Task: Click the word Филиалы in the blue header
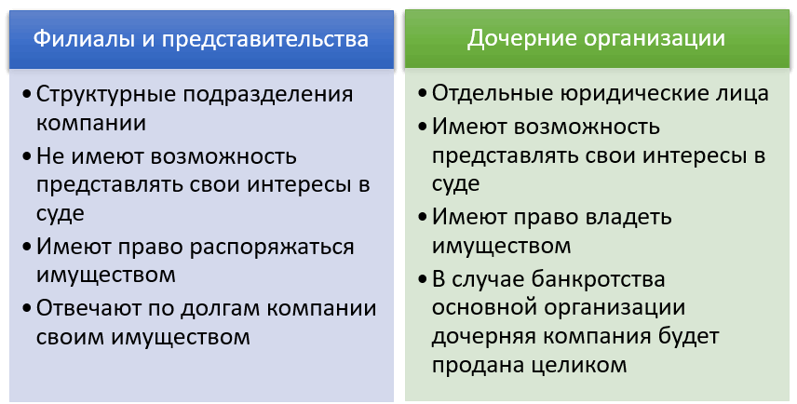click(76, 39)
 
